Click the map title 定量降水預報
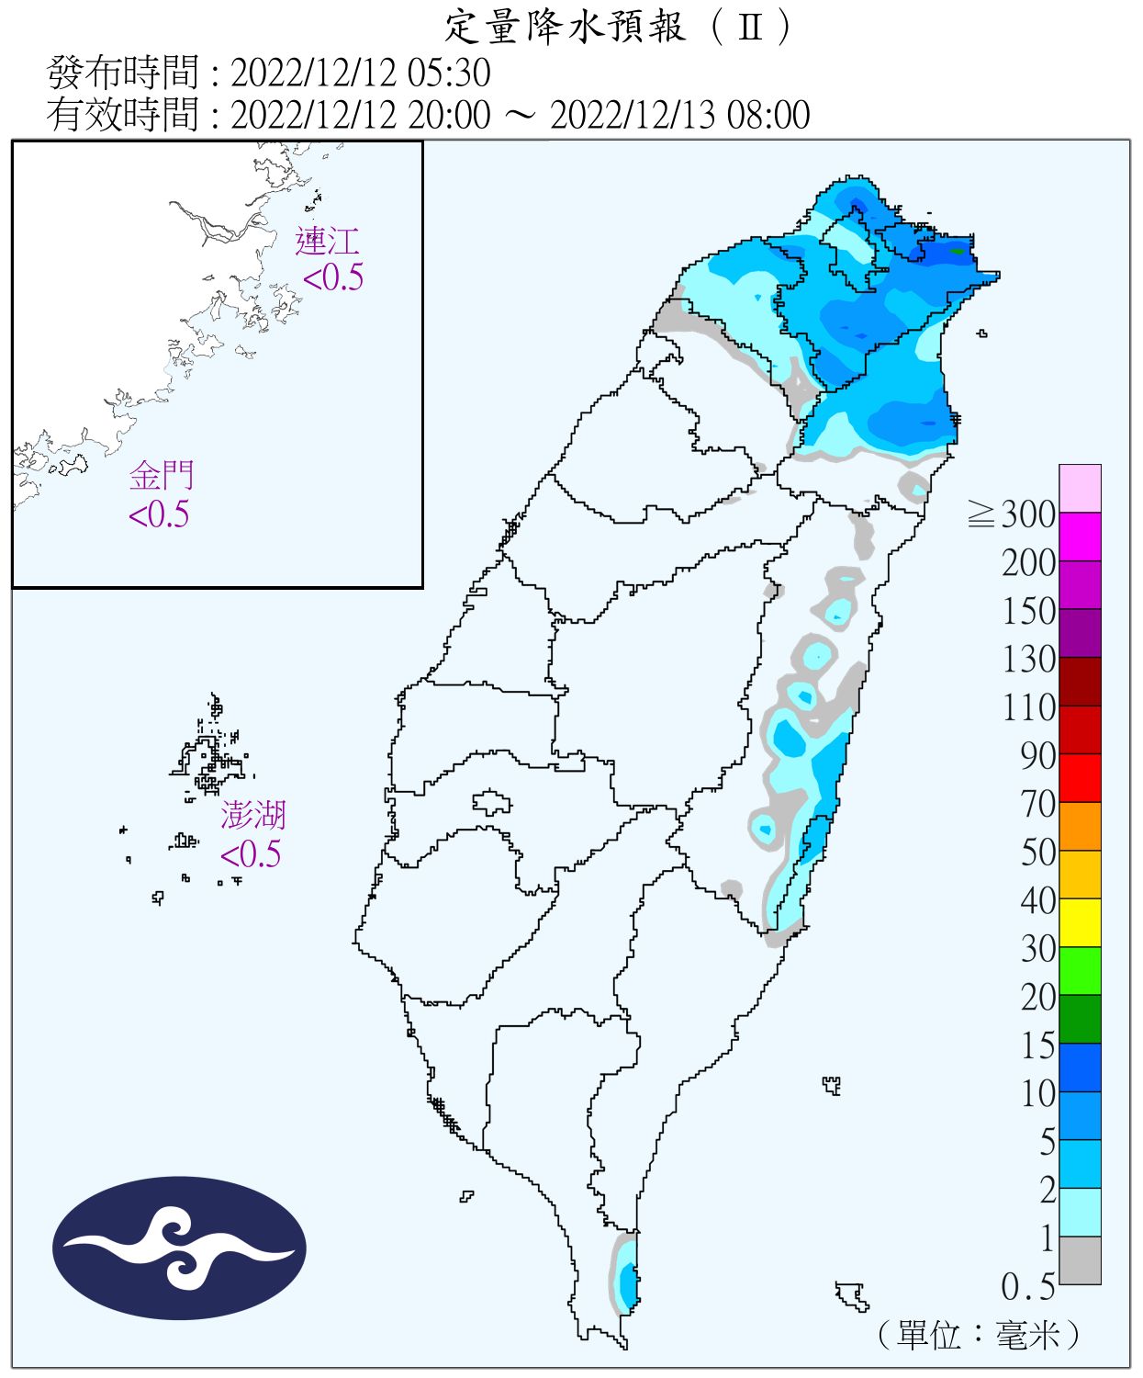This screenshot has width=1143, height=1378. (565, 27)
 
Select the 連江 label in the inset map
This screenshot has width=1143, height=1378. (327, 242)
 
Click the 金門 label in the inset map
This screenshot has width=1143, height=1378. (162, 476)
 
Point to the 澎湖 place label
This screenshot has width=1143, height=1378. (252, 815)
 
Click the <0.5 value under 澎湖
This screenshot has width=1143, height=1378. (251, 854)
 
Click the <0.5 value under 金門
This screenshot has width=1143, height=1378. (159, 514)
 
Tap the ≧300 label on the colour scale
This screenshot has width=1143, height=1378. (1012, 514)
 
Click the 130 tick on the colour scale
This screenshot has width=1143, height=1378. (1028, 659)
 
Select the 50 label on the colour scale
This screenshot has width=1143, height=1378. (1037, 852)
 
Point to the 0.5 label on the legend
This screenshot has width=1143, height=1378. (1027, 1286)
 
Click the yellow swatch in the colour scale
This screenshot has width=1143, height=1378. (1080, 922)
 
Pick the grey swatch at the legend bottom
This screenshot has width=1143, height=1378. (1080, 1260)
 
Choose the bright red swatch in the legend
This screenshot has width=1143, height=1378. (1080, 777)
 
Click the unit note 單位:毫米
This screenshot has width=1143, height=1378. (979, 1334)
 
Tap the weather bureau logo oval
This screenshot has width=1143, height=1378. (179, 1248)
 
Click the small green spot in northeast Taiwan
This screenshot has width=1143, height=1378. (958, 250)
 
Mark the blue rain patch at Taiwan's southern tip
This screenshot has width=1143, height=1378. (627, 1281)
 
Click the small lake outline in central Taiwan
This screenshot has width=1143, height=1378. (492, 803)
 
